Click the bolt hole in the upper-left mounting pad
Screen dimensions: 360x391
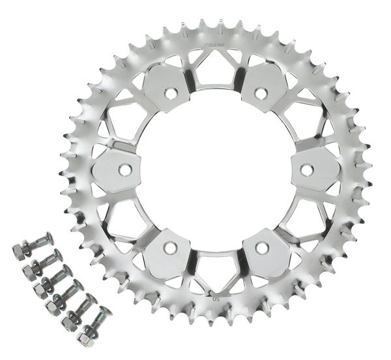[x=170, y=94]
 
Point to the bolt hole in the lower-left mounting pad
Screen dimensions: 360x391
[x=170, y=248]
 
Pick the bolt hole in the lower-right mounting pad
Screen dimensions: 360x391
[x=261, y=248]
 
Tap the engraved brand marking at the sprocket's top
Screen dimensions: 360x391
[x=215, y=45]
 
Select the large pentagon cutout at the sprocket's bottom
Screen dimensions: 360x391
[x=216, y=274]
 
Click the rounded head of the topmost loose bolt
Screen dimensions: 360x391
[x=47, y=237]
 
